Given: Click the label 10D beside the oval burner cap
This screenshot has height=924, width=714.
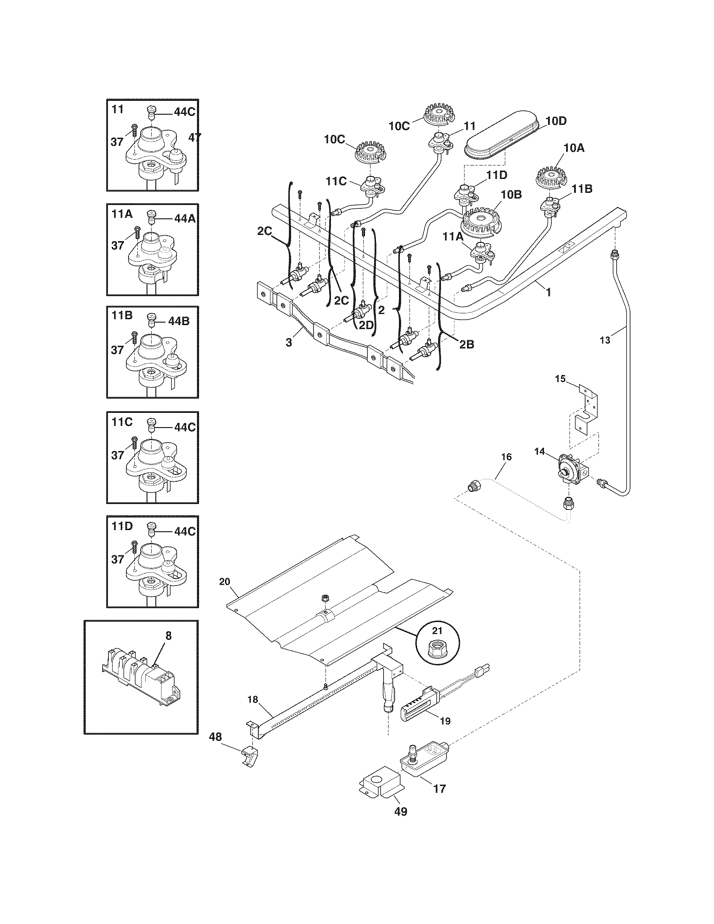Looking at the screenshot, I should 556,121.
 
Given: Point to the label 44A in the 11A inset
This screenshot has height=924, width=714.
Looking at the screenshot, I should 184,219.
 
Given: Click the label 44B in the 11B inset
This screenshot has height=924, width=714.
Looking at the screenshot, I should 178,321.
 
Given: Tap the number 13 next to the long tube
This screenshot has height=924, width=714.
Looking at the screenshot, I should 605,340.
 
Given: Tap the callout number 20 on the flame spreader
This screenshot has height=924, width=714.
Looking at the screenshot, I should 225,582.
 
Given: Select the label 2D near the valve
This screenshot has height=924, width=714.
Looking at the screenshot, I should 366,325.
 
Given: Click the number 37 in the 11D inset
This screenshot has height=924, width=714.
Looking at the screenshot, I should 118,559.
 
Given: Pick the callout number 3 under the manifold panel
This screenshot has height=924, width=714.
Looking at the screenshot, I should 289,342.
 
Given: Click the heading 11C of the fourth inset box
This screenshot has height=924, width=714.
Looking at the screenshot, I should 122,421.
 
